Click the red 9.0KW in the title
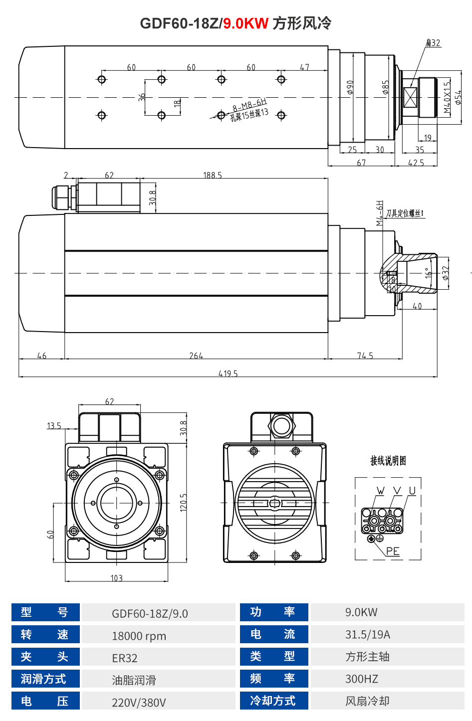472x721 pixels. click(x=245, y=23)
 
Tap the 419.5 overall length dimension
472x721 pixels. click(x=228, y=373)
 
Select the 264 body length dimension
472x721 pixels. click(x=196, y=356)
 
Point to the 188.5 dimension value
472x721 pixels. click(x=213, y=175)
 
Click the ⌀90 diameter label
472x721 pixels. click(x=350, y=87)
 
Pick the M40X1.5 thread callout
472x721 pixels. click(x=447, y=97)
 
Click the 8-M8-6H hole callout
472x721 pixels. click(x=249, y=105)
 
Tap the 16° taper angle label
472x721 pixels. click(x=428, y=273)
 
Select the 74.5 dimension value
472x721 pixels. click(x=365, y=356)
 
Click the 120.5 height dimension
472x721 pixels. click(x=184, y=502)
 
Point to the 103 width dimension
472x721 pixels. click(x=116, y=578)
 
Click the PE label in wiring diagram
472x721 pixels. click(x=393, y=551)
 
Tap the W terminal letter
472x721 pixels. click(x=381, y=491)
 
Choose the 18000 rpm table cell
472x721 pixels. click(x=139, y=636)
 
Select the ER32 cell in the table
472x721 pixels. click(x=125, y=658)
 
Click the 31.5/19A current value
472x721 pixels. click(x=368, y=635)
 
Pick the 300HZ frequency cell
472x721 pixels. click(x=362, y=679)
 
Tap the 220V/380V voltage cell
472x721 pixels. click(x=139, y=703)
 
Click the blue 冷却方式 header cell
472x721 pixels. click(x=273, y=701)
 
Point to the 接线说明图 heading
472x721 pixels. click(x=388, y=461)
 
